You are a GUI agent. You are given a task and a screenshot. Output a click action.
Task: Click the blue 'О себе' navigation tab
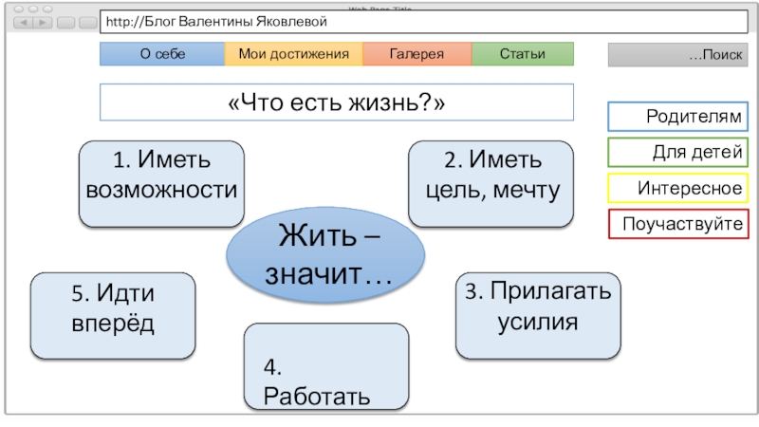[162, 54]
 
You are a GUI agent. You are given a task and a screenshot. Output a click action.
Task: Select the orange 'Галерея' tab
[417, 54]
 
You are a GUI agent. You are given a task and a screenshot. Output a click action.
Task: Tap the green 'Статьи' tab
[523, 54]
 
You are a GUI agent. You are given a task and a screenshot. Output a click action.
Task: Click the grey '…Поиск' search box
[677, 55]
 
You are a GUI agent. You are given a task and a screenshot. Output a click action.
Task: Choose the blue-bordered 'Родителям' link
[677, 117]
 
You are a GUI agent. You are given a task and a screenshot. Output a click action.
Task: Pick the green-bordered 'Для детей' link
[677, 153]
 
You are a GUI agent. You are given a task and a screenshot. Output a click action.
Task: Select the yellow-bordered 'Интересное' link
[677, 189]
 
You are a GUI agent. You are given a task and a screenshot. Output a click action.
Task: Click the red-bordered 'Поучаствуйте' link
[677, 225]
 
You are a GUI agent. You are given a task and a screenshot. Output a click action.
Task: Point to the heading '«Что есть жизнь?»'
[337, 102]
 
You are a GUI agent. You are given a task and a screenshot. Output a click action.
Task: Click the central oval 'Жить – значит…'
[325, 251]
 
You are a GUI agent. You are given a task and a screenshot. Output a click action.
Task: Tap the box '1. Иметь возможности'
[160, 184]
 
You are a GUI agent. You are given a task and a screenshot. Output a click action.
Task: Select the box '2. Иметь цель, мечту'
[491, 184]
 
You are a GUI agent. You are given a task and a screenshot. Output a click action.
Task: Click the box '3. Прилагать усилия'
[538, 314]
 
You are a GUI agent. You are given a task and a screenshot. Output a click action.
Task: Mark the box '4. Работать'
[325, 368]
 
